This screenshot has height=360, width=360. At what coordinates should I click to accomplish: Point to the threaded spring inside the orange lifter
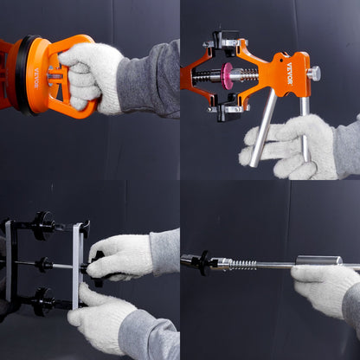point(208,76)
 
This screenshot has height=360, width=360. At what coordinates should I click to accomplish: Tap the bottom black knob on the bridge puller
point(42,302)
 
